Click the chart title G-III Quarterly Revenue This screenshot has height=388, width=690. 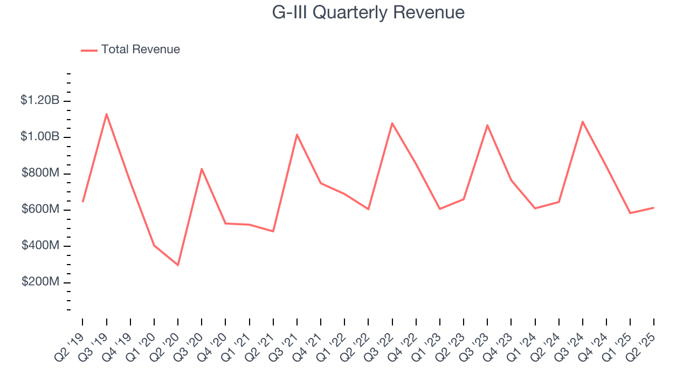(369, 12)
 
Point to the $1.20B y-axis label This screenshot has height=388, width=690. (40, 100)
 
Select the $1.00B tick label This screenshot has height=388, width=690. (40, 137)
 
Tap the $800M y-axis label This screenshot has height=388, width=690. (40, 174)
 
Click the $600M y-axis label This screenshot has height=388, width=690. (40, 210)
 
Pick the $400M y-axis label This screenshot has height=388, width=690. (40, 246)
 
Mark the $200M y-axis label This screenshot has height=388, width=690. (40, 282)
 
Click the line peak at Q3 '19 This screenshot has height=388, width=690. (106, 114)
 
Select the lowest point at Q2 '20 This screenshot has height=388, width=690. (178, 265)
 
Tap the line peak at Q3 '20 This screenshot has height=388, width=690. (202, 169)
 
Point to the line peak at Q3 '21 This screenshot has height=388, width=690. (297, 134)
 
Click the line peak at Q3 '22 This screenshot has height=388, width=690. (392, 123)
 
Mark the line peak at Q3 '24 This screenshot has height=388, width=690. (583, 121)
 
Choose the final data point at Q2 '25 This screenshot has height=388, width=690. (654, 207)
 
